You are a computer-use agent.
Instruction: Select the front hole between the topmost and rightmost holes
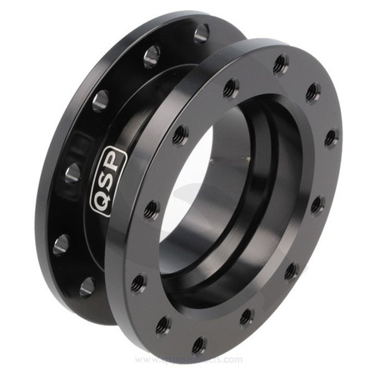coord(312,91)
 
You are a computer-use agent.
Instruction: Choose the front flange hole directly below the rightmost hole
coord(317,203)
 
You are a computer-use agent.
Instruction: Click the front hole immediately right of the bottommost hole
coord(246,317)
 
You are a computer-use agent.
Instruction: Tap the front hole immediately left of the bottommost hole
coord(163,324)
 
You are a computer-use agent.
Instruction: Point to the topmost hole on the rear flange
coord(201,33)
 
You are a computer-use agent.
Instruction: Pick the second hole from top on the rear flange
coord(152,57)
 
